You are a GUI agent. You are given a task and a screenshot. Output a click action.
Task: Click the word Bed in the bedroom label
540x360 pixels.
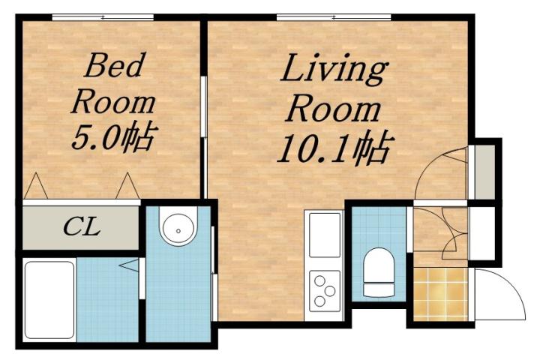pyautogui.click(x=114, y=67)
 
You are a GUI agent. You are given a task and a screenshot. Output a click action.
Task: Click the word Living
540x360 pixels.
pyautogui.click(x=333, y=72)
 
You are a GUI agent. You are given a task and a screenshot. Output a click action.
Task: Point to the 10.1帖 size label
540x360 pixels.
pyautogui.click(x=333, y=150)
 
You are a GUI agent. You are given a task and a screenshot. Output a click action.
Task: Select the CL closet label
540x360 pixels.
pyautogui.click(x=81, y=226)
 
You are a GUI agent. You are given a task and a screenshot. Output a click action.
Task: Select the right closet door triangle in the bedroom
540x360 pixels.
pyautogui.click(x=127, y=187)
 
